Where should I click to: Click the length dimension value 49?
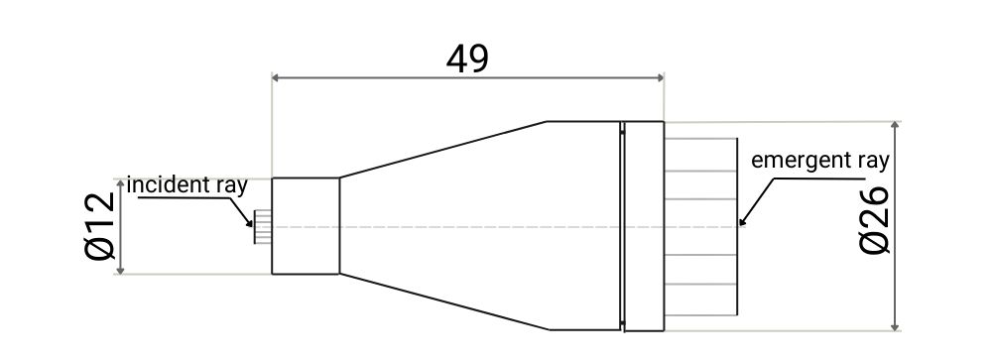pyautogui.click(x=467, y=59)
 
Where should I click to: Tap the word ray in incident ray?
pyautogui.click(x=227, y=184)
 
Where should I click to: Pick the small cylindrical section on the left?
pyautogui.click(x=306, y=226)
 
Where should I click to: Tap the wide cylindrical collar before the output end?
pyautogui.click(x=644, y=226)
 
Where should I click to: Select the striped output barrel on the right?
pyautogui.click(x=700, y=226)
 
